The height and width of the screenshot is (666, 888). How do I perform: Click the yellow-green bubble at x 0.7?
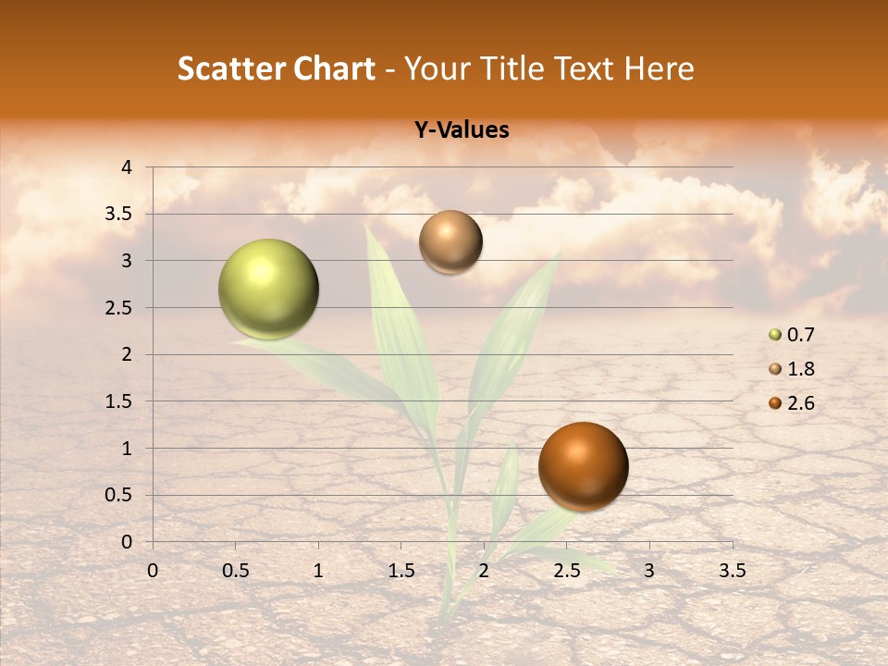coord(269,289)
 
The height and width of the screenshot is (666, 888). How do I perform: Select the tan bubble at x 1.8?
coord(450,242)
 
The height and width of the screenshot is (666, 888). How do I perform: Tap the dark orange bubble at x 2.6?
coord(583,466)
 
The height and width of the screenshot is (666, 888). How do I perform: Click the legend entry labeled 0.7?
coord(791,334)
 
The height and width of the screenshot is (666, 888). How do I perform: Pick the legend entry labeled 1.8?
coord(791,368)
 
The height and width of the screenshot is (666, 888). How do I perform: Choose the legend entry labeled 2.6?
coord(791,402)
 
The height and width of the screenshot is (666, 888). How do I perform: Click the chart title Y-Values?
coord(461,130)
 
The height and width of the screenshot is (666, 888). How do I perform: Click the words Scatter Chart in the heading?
coord(276,68)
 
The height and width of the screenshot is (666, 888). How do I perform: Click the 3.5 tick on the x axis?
coord(731,570)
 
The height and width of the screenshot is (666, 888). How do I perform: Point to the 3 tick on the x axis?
coord(648,570)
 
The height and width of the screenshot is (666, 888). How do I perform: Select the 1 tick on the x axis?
coord(318,570)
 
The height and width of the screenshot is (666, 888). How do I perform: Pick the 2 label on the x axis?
coord(484,570)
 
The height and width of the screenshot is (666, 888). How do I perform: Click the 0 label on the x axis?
coord(154,570)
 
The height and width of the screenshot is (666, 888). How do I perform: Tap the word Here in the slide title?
coord(658,68)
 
